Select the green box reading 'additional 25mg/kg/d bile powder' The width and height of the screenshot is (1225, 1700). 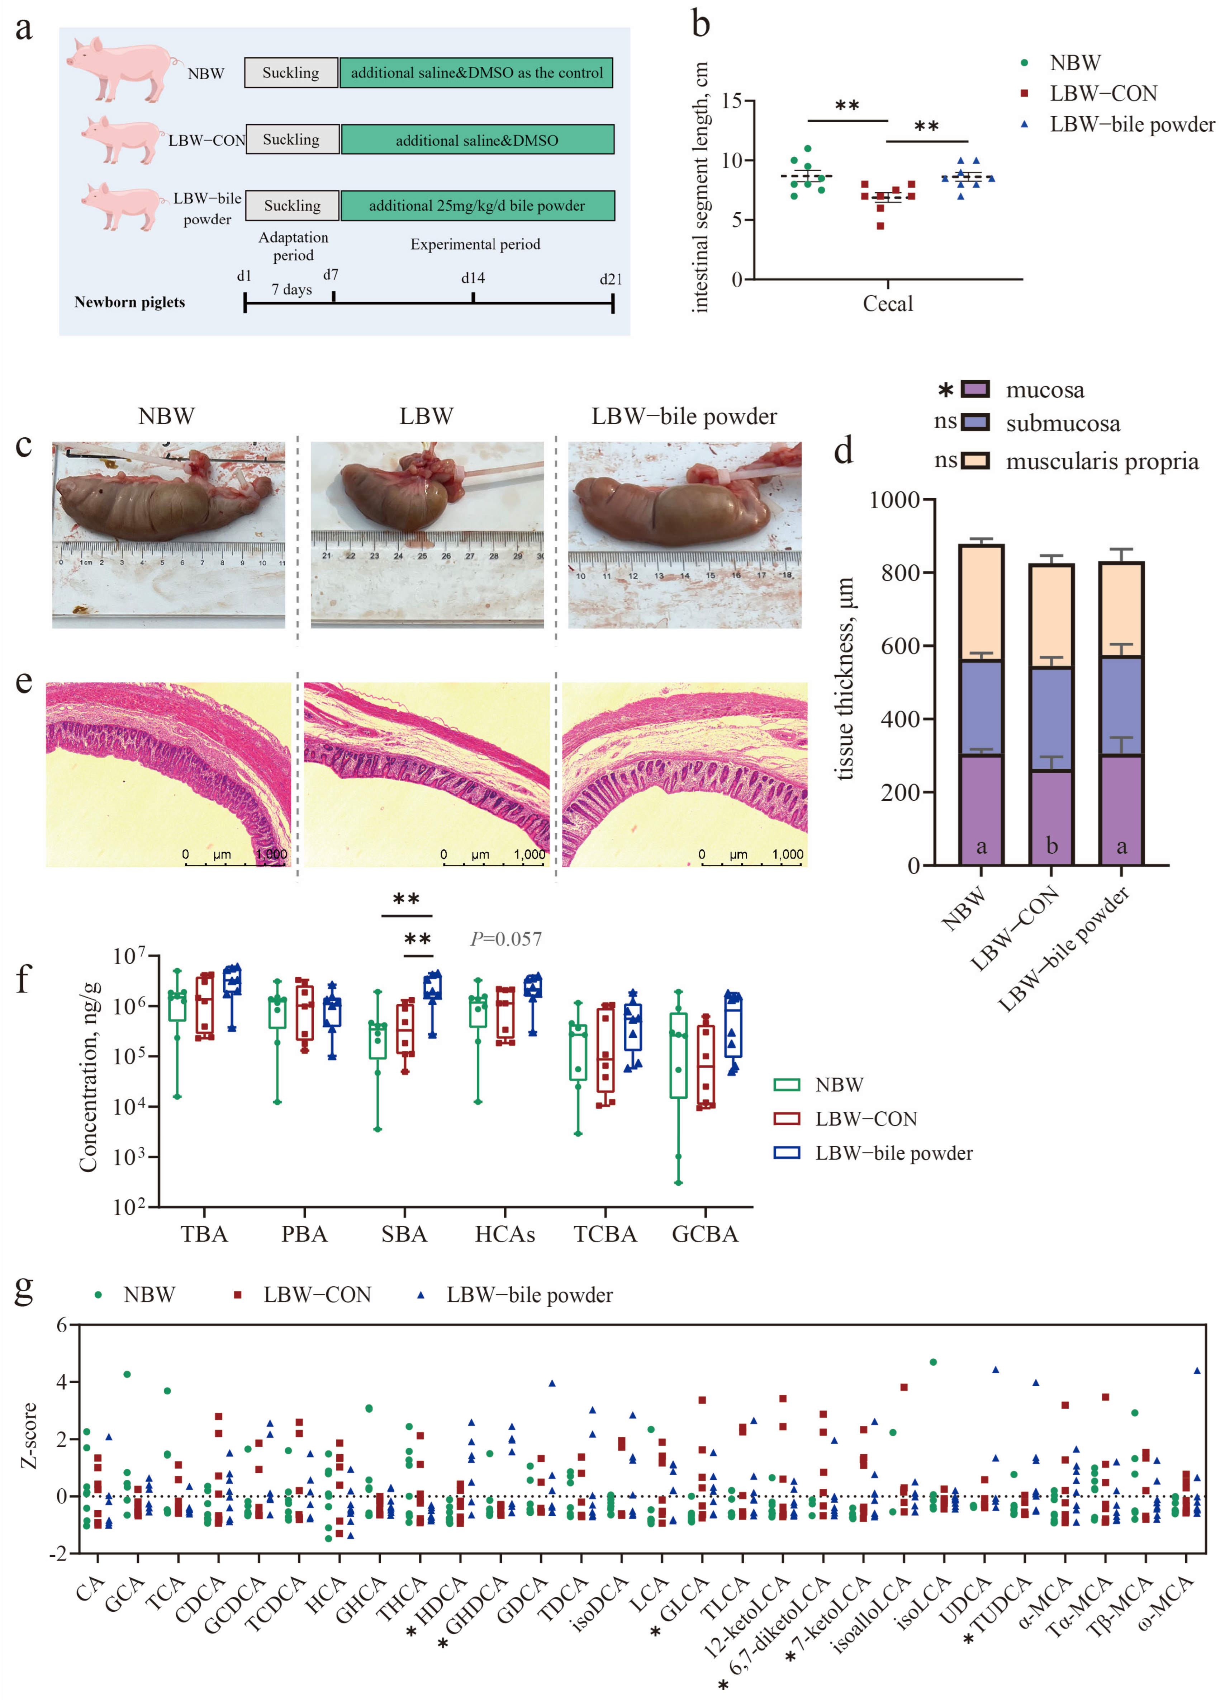point(477,206)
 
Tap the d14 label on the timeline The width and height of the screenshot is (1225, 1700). point(473,278)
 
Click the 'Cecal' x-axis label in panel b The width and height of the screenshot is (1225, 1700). point(888,303)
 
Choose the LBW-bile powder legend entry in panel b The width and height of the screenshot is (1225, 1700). point(1131,124)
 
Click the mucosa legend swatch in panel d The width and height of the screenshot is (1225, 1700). point(975,389)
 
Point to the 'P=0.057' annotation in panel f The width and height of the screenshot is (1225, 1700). point(506,938)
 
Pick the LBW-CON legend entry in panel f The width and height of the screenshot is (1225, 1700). point(865,1119)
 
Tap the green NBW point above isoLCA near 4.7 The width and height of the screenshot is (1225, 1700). point(933,1362)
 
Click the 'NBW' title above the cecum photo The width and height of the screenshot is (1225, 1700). point(166,416)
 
